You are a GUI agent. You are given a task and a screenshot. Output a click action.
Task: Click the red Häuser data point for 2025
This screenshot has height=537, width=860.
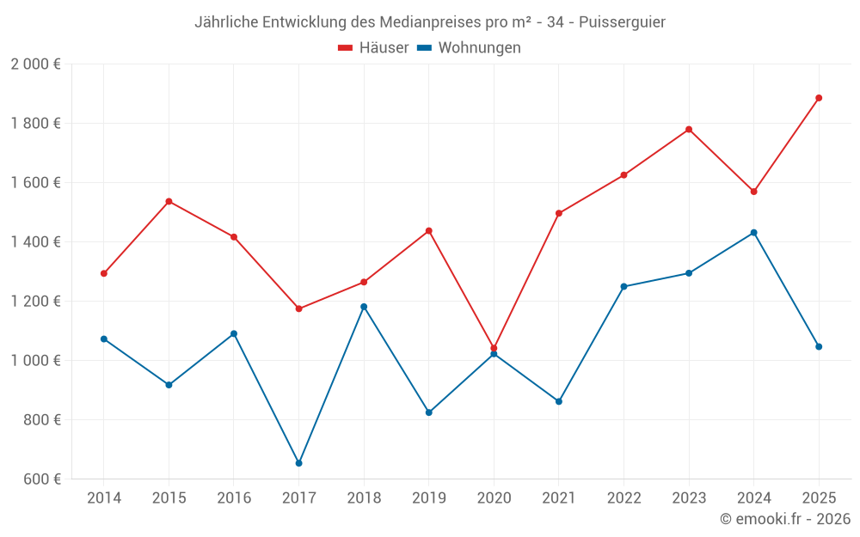pos(819,98)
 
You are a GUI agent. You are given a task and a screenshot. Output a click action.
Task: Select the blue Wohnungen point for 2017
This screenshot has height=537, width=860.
pos(299,463)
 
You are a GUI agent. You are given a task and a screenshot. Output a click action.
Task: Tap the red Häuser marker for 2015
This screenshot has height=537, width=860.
pos(169,201)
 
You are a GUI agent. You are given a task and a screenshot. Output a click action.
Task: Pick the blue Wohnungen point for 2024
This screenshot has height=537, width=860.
pos(754,233)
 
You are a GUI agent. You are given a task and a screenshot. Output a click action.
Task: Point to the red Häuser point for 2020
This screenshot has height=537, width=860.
pos(494,348)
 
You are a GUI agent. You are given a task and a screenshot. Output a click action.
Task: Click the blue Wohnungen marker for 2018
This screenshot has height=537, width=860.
pos(364,307)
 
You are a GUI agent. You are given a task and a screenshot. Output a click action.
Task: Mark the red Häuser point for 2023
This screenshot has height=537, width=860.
pos(689,130)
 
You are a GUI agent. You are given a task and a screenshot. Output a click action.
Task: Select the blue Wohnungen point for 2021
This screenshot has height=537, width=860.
pos(559,401)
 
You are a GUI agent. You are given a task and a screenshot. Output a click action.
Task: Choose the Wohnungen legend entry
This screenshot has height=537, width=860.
pos(470,48)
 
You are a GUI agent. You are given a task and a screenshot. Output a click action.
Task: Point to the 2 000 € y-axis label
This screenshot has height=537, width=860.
pos(35,64)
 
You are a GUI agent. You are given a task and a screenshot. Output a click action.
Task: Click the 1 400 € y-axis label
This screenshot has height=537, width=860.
pos(35,242)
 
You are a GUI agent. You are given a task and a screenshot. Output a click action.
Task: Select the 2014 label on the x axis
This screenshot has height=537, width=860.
pos(104,498)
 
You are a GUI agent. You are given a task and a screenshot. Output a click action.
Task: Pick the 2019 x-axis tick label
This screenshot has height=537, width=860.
pos(429,498)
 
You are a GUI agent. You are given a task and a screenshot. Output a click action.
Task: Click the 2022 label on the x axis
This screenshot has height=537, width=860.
pos(623,498)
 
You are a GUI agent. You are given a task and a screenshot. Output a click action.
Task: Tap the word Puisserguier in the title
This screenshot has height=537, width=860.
pos(622,21)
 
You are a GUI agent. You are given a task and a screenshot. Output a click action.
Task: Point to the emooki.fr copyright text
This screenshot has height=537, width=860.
pos(785,519)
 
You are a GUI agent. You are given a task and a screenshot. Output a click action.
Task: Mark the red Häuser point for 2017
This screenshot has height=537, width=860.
pos(299,308)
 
